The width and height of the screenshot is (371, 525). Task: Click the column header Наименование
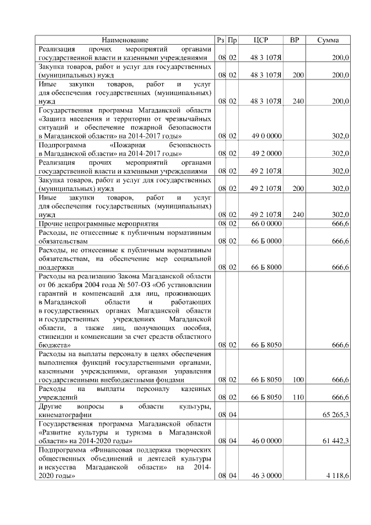click(x=125, y=40)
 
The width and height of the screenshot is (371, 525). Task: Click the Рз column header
click(x=220, y=40)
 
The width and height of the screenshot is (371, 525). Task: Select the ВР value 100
click(x=298, y=380)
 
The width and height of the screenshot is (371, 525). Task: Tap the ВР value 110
click(x=298, y=397)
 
